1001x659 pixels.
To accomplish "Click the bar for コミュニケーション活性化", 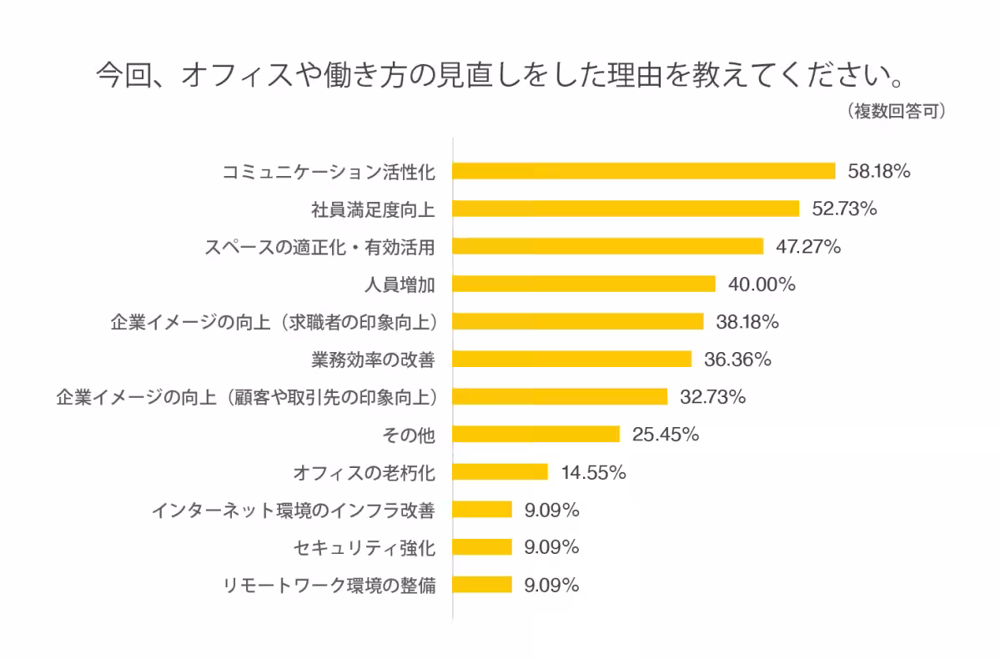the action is (644, 171).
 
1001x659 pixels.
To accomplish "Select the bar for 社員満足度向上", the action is (626, 209).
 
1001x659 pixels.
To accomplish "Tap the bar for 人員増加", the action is (584, 284).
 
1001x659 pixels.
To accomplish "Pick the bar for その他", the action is (536, 434).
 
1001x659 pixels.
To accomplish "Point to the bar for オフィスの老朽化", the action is (500, 472).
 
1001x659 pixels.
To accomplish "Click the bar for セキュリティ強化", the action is (482, 547).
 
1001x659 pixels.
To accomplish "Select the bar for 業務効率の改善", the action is (572, 359).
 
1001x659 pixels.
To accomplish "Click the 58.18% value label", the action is (879, 171).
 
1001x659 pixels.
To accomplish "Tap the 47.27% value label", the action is (808, 247).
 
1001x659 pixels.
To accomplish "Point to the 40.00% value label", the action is (762, 284).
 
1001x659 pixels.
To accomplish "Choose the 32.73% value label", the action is (712, 397).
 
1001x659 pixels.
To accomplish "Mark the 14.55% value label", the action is (593, 472).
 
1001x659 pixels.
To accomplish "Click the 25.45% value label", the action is (666, 435).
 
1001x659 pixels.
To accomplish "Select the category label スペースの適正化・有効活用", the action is (320, 247).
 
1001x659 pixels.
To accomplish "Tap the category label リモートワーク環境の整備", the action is (329, 586).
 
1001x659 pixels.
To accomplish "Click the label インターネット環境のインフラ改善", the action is (294, 511).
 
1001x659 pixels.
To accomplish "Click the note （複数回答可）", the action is (896, 111).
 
